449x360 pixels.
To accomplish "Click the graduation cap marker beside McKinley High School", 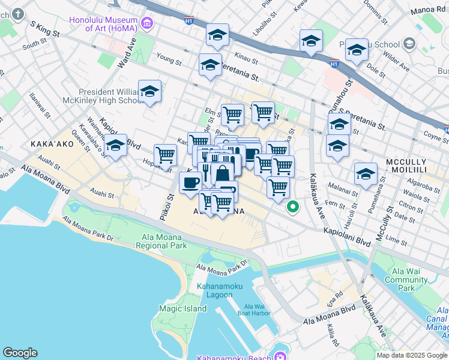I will (x=149, y=92).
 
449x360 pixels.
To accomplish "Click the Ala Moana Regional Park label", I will (x=161, y=241).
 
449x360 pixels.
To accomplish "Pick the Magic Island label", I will (x=182, y=308).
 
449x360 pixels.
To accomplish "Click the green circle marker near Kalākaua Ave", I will (x=293, y=208).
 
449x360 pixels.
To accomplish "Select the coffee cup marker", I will (x=191, y=182).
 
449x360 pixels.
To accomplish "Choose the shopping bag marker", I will (x=222, y=174).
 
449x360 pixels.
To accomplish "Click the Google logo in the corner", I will (x=20, y=353).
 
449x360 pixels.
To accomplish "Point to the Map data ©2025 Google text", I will (x=412, y=355).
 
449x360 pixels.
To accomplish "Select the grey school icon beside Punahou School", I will (x=409, y=44).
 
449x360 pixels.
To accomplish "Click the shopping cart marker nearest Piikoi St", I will (x=166, y=155).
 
